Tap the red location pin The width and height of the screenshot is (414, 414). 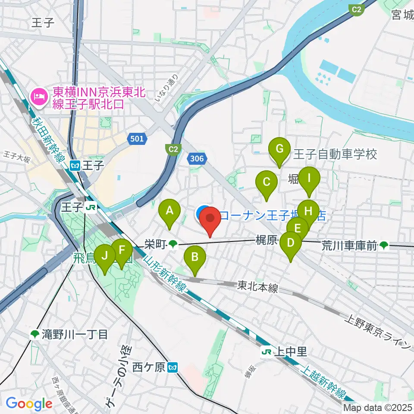tap(210, 220)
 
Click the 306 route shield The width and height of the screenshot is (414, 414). tap(196, 159)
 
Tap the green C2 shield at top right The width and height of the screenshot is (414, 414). tap(356, 9)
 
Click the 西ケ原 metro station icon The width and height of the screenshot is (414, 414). tap(173, 368)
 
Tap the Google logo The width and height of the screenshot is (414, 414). tap(29, 404)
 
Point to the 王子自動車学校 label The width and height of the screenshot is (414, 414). tap(335, 154)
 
